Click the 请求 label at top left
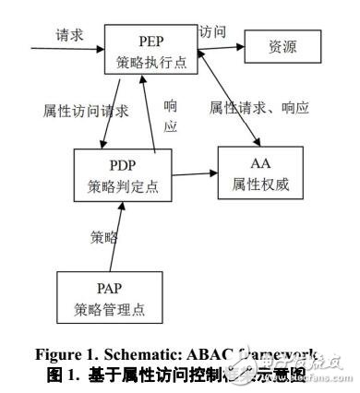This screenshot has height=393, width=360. point(70,34)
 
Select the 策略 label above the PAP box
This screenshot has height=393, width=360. point(103,236)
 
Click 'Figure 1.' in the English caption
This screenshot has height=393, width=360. point(60,355)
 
